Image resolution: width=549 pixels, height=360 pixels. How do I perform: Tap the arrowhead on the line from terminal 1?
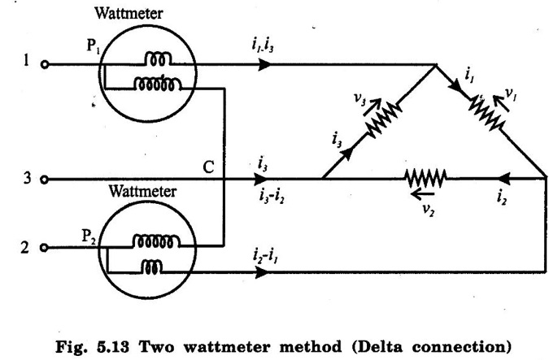262,63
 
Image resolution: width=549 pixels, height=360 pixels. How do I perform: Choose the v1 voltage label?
512,95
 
